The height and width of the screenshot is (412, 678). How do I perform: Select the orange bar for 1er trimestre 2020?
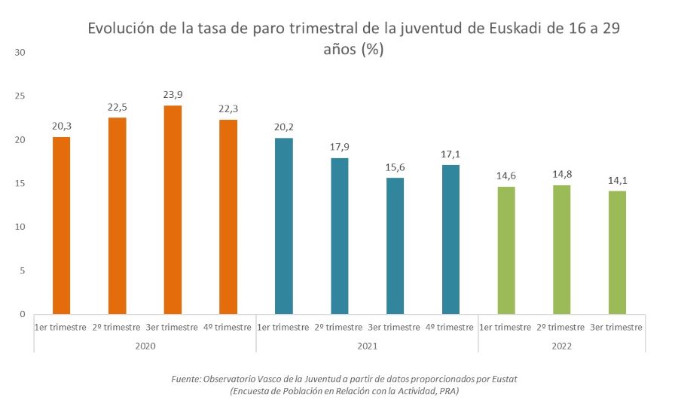click(62, 225)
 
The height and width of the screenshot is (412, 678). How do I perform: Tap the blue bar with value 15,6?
click(395, 246)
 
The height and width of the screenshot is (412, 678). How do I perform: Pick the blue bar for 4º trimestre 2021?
click(450, 239)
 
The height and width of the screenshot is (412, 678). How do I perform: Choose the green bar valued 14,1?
click(617, 252)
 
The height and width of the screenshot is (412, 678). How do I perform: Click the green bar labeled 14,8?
click(562, 249)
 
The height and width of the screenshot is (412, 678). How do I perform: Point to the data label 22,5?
click(117, 108)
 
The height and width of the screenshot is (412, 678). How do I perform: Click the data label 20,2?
click(284, 127)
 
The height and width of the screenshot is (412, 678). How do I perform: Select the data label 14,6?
click(506, 176)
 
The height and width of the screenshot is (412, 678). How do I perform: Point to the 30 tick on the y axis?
click(20, 53)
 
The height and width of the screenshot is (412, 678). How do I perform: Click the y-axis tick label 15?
click(20, 183)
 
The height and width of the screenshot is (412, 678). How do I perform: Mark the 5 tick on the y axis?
click(23, 270)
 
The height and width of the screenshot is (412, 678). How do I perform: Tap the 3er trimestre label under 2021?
click(395, 328)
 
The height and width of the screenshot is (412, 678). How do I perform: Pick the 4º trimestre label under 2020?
click(228, 328)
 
